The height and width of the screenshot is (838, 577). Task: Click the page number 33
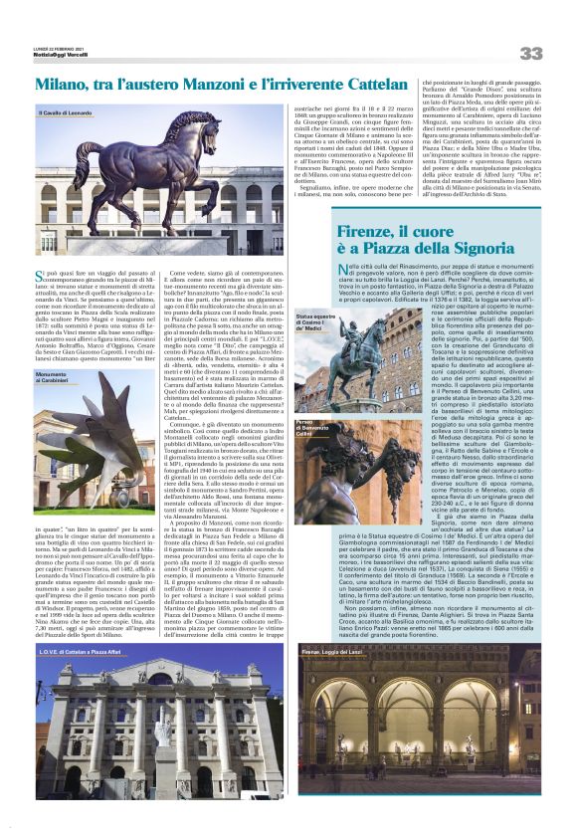[530, 53]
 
